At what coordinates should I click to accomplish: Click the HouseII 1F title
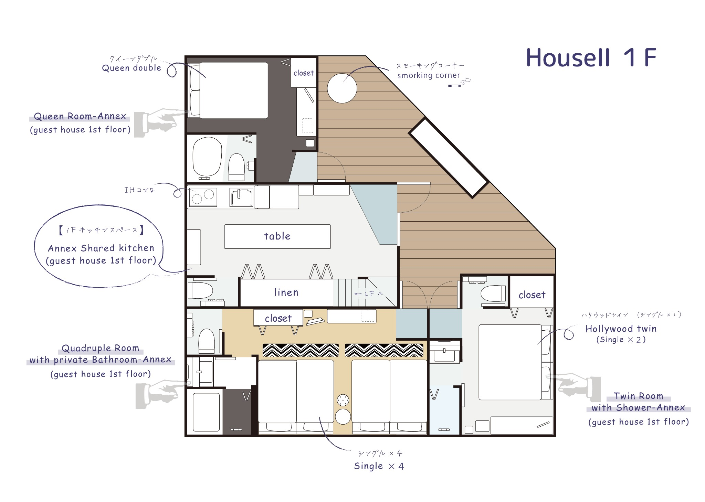pos(591,57)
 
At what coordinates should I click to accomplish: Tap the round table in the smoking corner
pos(342,88)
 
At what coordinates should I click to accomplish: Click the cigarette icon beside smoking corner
pos(454,86)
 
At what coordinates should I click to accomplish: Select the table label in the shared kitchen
pos(277,236)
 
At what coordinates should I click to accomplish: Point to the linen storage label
pos(286,292)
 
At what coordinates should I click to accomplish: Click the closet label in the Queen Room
pos(303,73)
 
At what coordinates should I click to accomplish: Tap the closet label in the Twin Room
pos(532,295)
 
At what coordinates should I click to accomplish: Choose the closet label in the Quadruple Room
pos(278,318)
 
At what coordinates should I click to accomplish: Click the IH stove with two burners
pos(203,196)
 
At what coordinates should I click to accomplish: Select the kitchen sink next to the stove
pos(241,197)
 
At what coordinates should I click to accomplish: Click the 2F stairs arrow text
pos(369,293)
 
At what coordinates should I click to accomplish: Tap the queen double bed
pos(233,90)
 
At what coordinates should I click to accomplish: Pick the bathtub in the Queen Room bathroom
pos(207,157)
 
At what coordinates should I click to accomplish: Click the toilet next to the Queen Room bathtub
pos(236,167)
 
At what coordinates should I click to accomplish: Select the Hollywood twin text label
pos(621,329)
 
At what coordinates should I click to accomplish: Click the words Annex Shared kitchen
pos(101,248)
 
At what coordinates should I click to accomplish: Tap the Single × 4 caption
pos(379,466)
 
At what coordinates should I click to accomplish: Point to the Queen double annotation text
pos(131,68)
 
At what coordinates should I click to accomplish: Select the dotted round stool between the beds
pos(343,400)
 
